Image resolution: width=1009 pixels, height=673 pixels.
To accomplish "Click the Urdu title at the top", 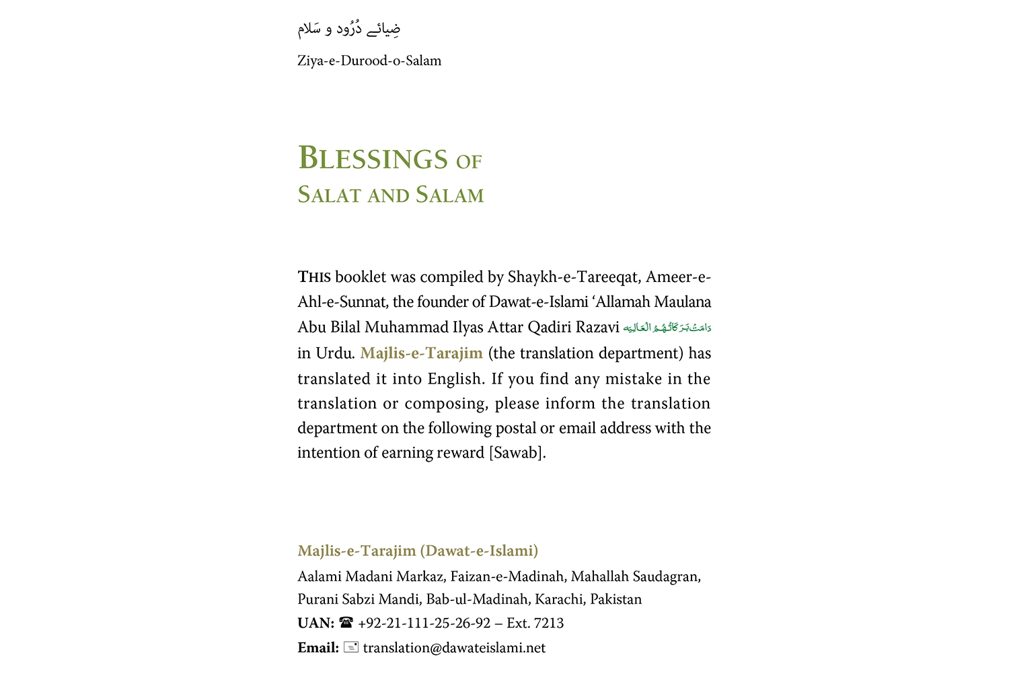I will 349,28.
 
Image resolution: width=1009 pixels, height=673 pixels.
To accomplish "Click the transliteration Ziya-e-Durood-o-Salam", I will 369,61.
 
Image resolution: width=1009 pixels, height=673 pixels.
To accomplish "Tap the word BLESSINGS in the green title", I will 373,159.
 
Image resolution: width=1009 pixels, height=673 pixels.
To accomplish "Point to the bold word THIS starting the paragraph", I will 314,277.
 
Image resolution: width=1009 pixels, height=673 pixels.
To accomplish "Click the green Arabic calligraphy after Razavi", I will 667,328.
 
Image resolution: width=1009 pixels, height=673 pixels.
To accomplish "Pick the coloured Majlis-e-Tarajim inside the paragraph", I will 421,353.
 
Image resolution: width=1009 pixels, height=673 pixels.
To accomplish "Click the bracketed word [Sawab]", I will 517,453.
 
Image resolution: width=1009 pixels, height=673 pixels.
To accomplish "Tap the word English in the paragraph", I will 455,379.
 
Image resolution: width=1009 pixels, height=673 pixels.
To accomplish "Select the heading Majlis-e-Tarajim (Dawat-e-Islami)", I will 418,551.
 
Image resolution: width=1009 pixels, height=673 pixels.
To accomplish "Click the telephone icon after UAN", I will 346,623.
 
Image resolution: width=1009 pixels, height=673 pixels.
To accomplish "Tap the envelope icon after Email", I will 350,647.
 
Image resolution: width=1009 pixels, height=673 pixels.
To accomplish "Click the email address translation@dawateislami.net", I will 454,648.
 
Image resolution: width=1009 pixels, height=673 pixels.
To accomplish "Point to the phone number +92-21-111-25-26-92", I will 424,623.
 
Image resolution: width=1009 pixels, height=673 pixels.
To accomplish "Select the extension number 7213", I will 548,623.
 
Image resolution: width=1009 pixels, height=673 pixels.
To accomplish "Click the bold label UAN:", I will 315,623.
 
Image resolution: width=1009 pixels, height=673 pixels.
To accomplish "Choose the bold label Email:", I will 318,648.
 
